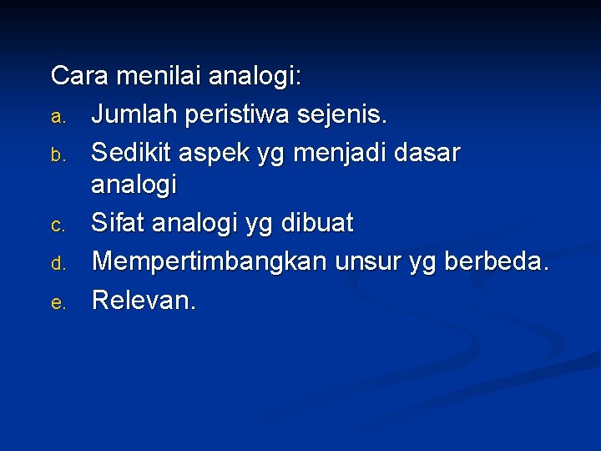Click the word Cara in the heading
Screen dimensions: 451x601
80,76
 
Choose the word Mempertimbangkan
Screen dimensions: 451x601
210,261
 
